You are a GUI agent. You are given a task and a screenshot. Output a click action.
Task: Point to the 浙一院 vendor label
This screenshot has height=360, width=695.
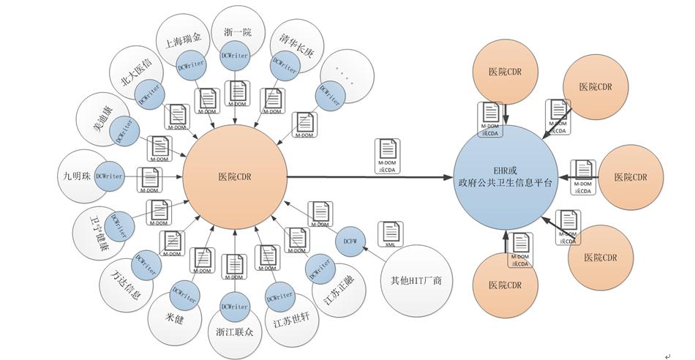(236, 31)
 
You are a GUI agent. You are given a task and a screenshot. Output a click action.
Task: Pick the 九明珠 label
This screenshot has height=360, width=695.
(76, 176)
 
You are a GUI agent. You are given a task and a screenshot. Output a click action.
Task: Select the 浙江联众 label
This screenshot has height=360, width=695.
(234, 331)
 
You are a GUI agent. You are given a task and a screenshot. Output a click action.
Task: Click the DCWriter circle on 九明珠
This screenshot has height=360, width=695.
(109, 176)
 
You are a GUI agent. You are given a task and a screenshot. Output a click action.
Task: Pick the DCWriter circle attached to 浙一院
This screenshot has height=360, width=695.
(235, 57)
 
